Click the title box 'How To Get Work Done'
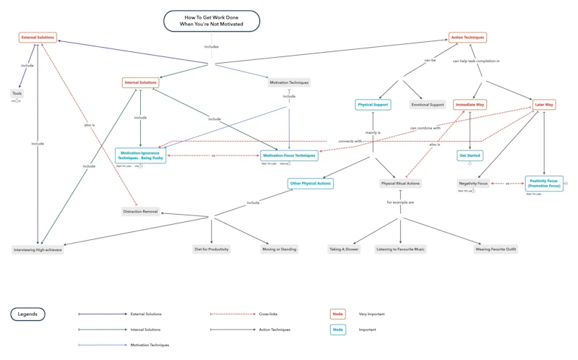point(211,21)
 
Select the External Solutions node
point(38,38)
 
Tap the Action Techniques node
point(467,38)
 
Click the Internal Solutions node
point(140,82)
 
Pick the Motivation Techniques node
point(289,82)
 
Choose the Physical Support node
point(373,105)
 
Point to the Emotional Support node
point(428,105)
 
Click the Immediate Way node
point(470,105)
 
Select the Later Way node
point(544,105)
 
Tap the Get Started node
point(470,155)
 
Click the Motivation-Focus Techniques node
point(289,155)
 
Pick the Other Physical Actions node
point(310,184)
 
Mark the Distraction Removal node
point(140,212)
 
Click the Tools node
point(17,93)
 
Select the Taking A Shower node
point(344,249)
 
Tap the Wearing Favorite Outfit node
point(496,249)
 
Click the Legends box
point(27,314)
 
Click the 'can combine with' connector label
point(426,128)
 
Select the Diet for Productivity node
point(212,249)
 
